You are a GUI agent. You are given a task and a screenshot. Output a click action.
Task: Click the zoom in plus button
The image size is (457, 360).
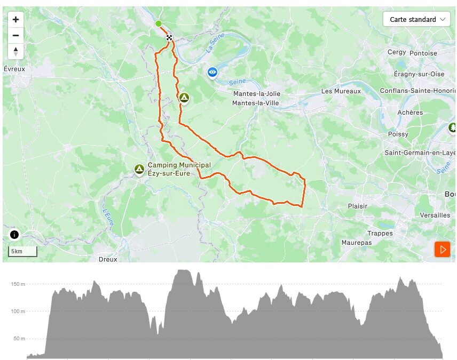[15, 20]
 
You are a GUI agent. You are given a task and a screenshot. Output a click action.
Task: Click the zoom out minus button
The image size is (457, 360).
[15, 36]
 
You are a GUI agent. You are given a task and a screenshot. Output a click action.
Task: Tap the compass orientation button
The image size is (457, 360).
[15, 52]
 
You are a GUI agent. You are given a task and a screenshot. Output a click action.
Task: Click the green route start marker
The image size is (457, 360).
[159, 23]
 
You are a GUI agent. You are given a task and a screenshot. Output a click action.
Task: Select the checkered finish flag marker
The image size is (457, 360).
[169, 37]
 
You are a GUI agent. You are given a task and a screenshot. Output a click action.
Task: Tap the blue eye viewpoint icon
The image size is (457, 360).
[212, 71]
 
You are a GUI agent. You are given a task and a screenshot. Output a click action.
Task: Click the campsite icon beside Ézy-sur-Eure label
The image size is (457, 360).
[139, 169]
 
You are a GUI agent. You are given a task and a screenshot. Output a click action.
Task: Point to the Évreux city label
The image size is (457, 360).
[14, 69]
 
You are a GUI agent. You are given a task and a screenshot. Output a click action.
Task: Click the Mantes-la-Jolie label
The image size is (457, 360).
[257, 94]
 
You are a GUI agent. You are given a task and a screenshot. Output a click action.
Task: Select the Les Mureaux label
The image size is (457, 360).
[341, 91]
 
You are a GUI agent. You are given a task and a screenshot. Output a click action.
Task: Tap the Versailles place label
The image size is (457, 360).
[435, 215]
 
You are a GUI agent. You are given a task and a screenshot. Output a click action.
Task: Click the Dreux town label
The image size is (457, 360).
[108, 259]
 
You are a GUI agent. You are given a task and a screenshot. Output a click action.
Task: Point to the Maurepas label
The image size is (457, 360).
[357, 243]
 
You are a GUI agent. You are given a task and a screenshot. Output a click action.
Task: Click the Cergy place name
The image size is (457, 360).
[397, 52]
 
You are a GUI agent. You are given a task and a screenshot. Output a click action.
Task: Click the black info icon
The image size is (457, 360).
[14, 235]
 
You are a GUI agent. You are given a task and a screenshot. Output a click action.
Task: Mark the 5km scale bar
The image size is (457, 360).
[22, 251]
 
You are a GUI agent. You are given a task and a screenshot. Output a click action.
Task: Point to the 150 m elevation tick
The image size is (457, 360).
[18, 284]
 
